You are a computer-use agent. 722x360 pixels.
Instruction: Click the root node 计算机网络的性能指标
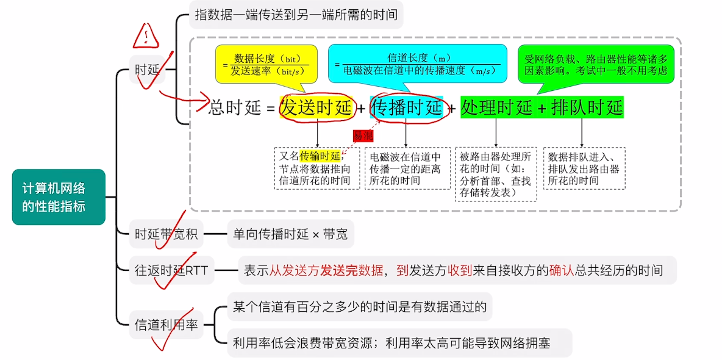[58, 196]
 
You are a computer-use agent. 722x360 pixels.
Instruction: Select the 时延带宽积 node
[166, 234]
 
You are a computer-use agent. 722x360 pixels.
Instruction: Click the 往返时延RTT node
[171, 270]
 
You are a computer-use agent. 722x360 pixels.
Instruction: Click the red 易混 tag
[363, 135]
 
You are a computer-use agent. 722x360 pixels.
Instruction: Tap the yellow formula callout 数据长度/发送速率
[266, 63]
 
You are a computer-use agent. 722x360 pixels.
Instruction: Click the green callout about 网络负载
[596, 65]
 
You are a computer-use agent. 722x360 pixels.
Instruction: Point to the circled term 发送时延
[316, 109]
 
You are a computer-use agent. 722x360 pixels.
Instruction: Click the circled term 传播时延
[406, 109]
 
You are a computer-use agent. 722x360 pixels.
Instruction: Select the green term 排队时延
[587, 107]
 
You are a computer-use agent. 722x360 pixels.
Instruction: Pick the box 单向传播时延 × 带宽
[290, 234]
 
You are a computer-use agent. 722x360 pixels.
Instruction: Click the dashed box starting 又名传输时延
[317, 168]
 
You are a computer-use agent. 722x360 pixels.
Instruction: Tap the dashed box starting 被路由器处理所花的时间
[496, 174]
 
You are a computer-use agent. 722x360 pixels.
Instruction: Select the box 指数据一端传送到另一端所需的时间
[296, 14]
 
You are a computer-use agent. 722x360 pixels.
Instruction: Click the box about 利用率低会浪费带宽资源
[399, 343]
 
